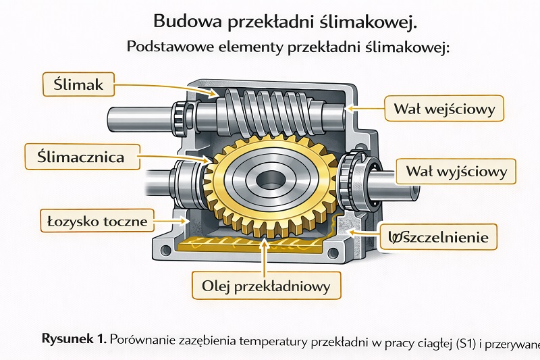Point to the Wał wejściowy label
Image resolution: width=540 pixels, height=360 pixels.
click(x=444, y=107)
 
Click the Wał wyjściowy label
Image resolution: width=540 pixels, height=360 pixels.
click(x=456, y=172)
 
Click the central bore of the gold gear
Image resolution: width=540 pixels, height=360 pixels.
click(x=267, y=180)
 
